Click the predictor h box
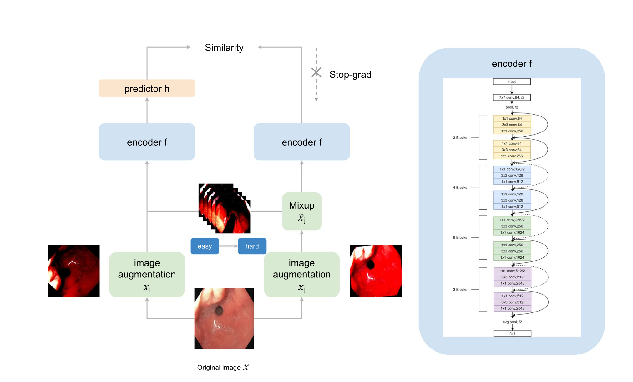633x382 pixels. [147, 88]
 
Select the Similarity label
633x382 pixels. [224, 48]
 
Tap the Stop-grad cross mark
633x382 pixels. [316, 73]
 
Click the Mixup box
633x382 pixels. [301, 211]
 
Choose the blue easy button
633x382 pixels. [205, 246]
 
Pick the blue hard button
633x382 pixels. [252, 246]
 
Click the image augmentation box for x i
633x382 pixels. [147, 274]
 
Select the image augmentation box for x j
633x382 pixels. [301, 274]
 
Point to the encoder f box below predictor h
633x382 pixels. [147, 142]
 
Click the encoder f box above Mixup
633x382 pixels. [301, 142]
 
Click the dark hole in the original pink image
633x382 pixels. [219, 311]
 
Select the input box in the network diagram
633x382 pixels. [512, 82]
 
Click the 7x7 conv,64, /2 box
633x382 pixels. [512, 97]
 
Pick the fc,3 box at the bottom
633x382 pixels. [512, 333]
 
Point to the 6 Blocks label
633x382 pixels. [460, 237]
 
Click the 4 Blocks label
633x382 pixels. [460, 188]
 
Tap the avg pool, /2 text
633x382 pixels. [512, 322]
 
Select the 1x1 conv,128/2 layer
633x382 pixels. [512, 169]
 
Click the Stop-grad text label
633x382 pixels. [350, 75]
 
